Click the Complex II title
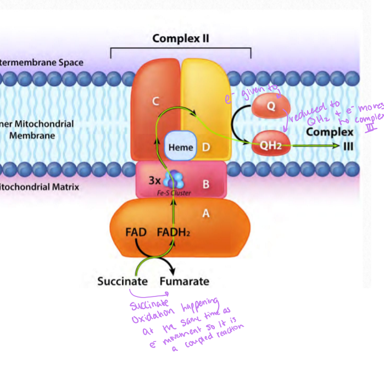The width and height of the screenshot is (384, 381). [x=181, y=38]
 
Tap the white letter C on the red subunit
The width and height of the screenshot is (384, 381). [x=156, y=101]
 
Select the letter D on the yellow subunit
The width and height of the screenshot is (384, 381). [x=205, y=147]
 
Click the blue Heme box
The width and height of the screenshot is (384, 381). [x=180, y=147]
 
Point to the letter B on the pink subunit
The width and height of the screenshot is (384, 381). [x=205, y=184]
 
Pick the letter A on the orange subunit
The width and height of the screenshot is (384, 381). [x=205, y=214]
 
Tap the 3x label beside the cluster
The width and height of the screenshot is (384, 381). [x=155, y=180]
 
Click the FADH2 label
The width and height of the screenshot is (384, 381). [x=173, y=232]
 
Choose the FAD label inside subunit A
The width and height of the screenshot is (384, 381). [x=136, y=232]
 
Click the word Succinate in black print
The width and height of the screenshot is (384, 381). [x=123, y=281]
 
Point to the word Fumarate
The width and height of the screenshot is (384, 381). [x=185, y=281]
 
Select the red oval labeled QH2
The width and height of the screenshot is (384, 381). [x=271, y=145]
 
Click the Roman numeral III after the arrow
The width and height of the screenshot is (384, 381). [x=348, y=146]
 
